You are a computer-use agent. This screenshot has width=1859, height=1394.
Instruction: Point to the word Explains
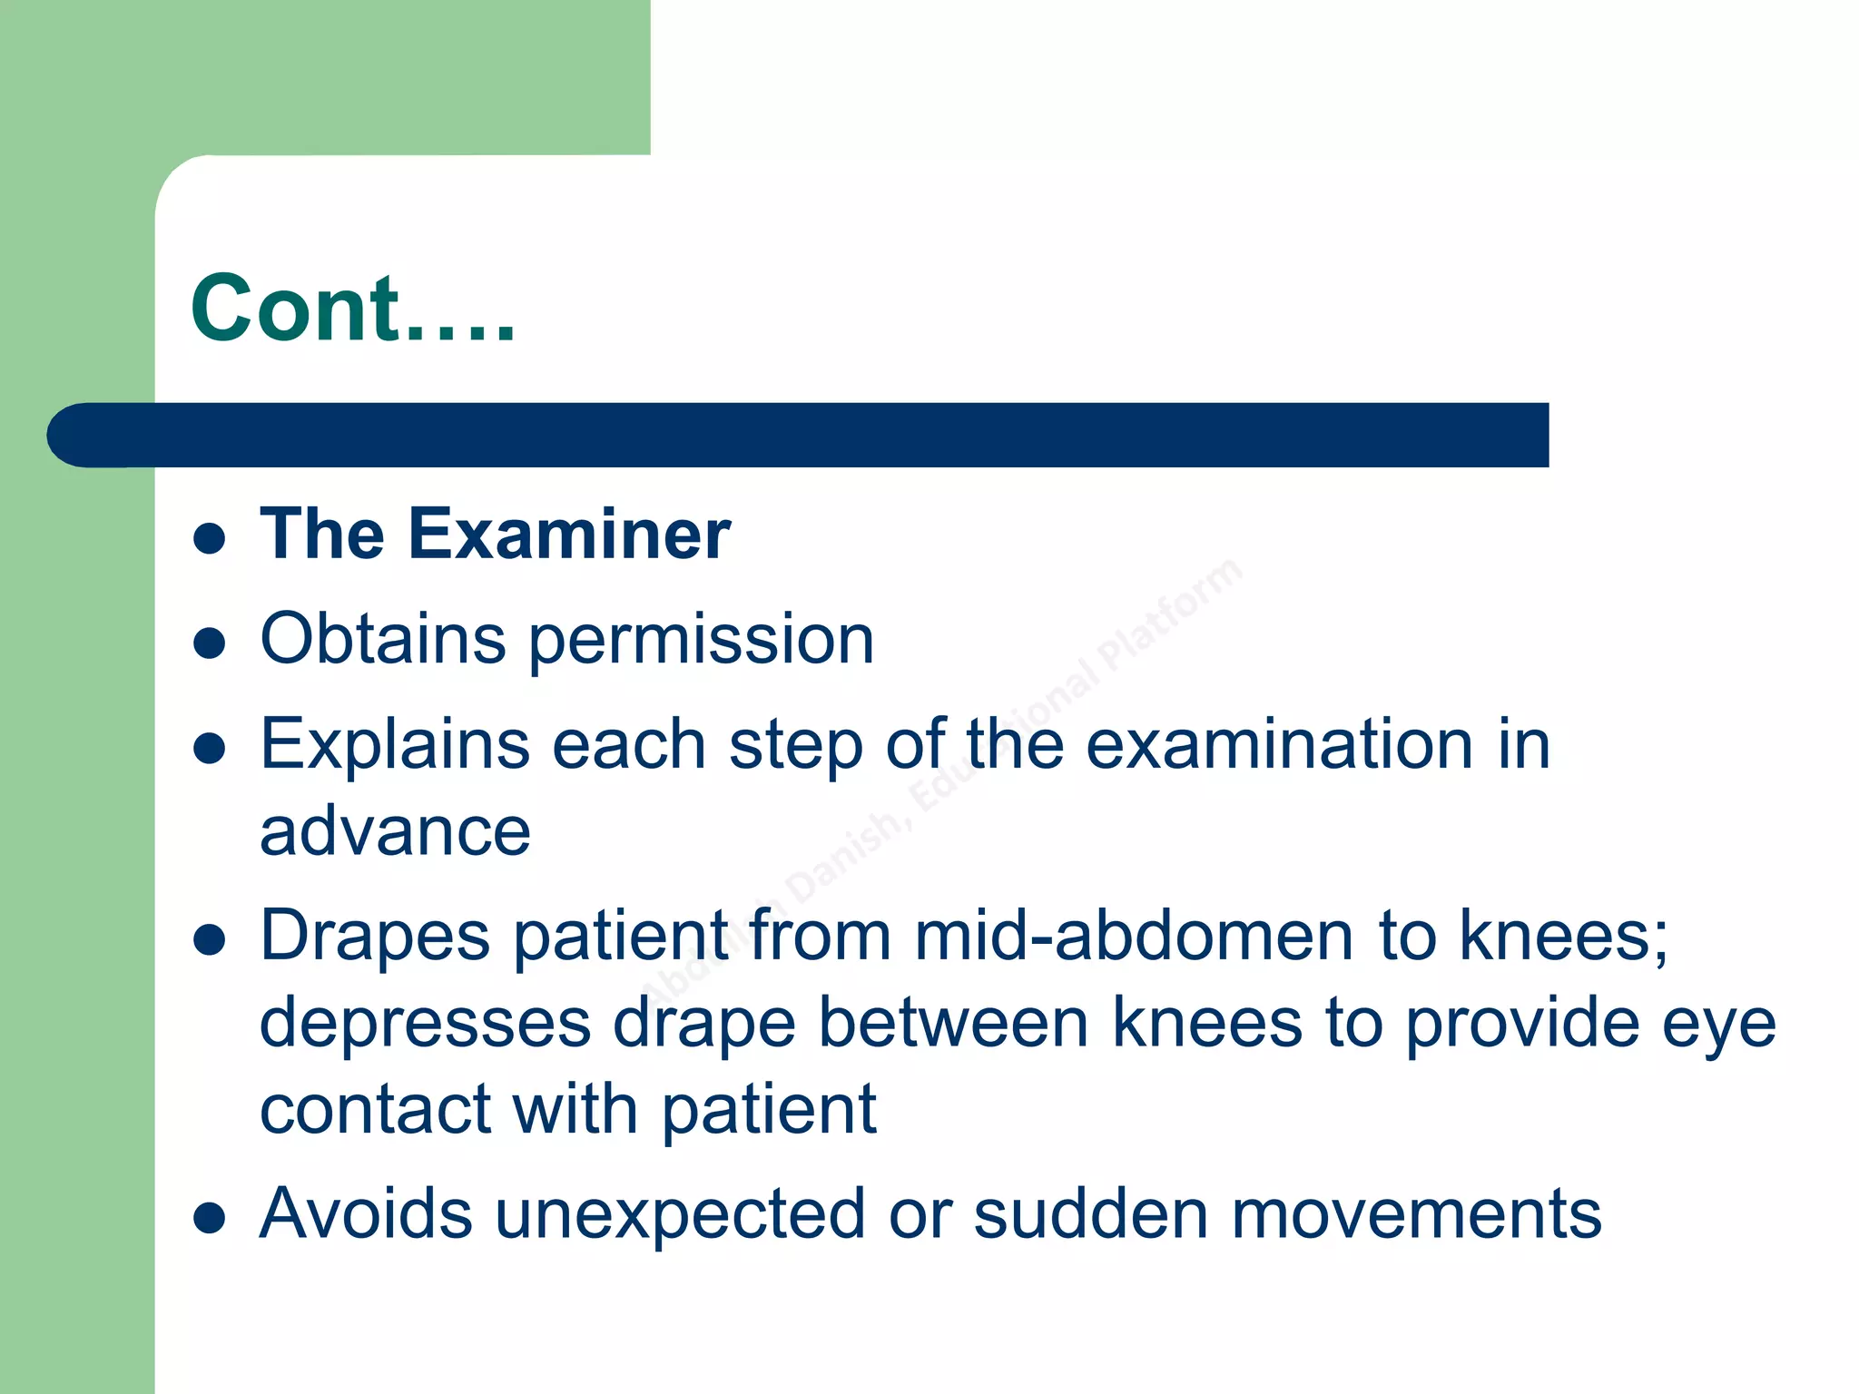click(394, 746)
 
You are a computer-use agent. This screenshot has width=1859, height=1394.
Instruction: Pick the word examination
click(1280, 744)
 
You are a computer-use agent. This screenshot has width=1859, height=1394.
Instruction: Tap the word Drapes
click(374, 937)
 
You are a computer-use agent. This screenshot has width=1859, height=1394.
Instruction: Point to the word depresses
click(425, 1024)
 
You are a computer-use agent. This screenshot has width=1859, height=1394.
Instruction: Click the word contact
click(374, 1109)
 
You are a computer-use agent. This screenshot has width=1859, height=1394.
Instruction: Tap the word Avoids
click(366, 1213)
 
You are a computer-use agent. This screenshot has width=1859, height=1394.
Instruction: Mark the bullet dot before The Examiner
click(210, 538)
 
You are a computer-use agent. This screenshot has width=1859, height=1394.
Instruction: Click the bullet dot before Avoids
click(210, 1218)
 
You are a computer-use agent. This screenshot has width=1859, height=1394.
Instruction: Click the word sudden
click(1090, 1213)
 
